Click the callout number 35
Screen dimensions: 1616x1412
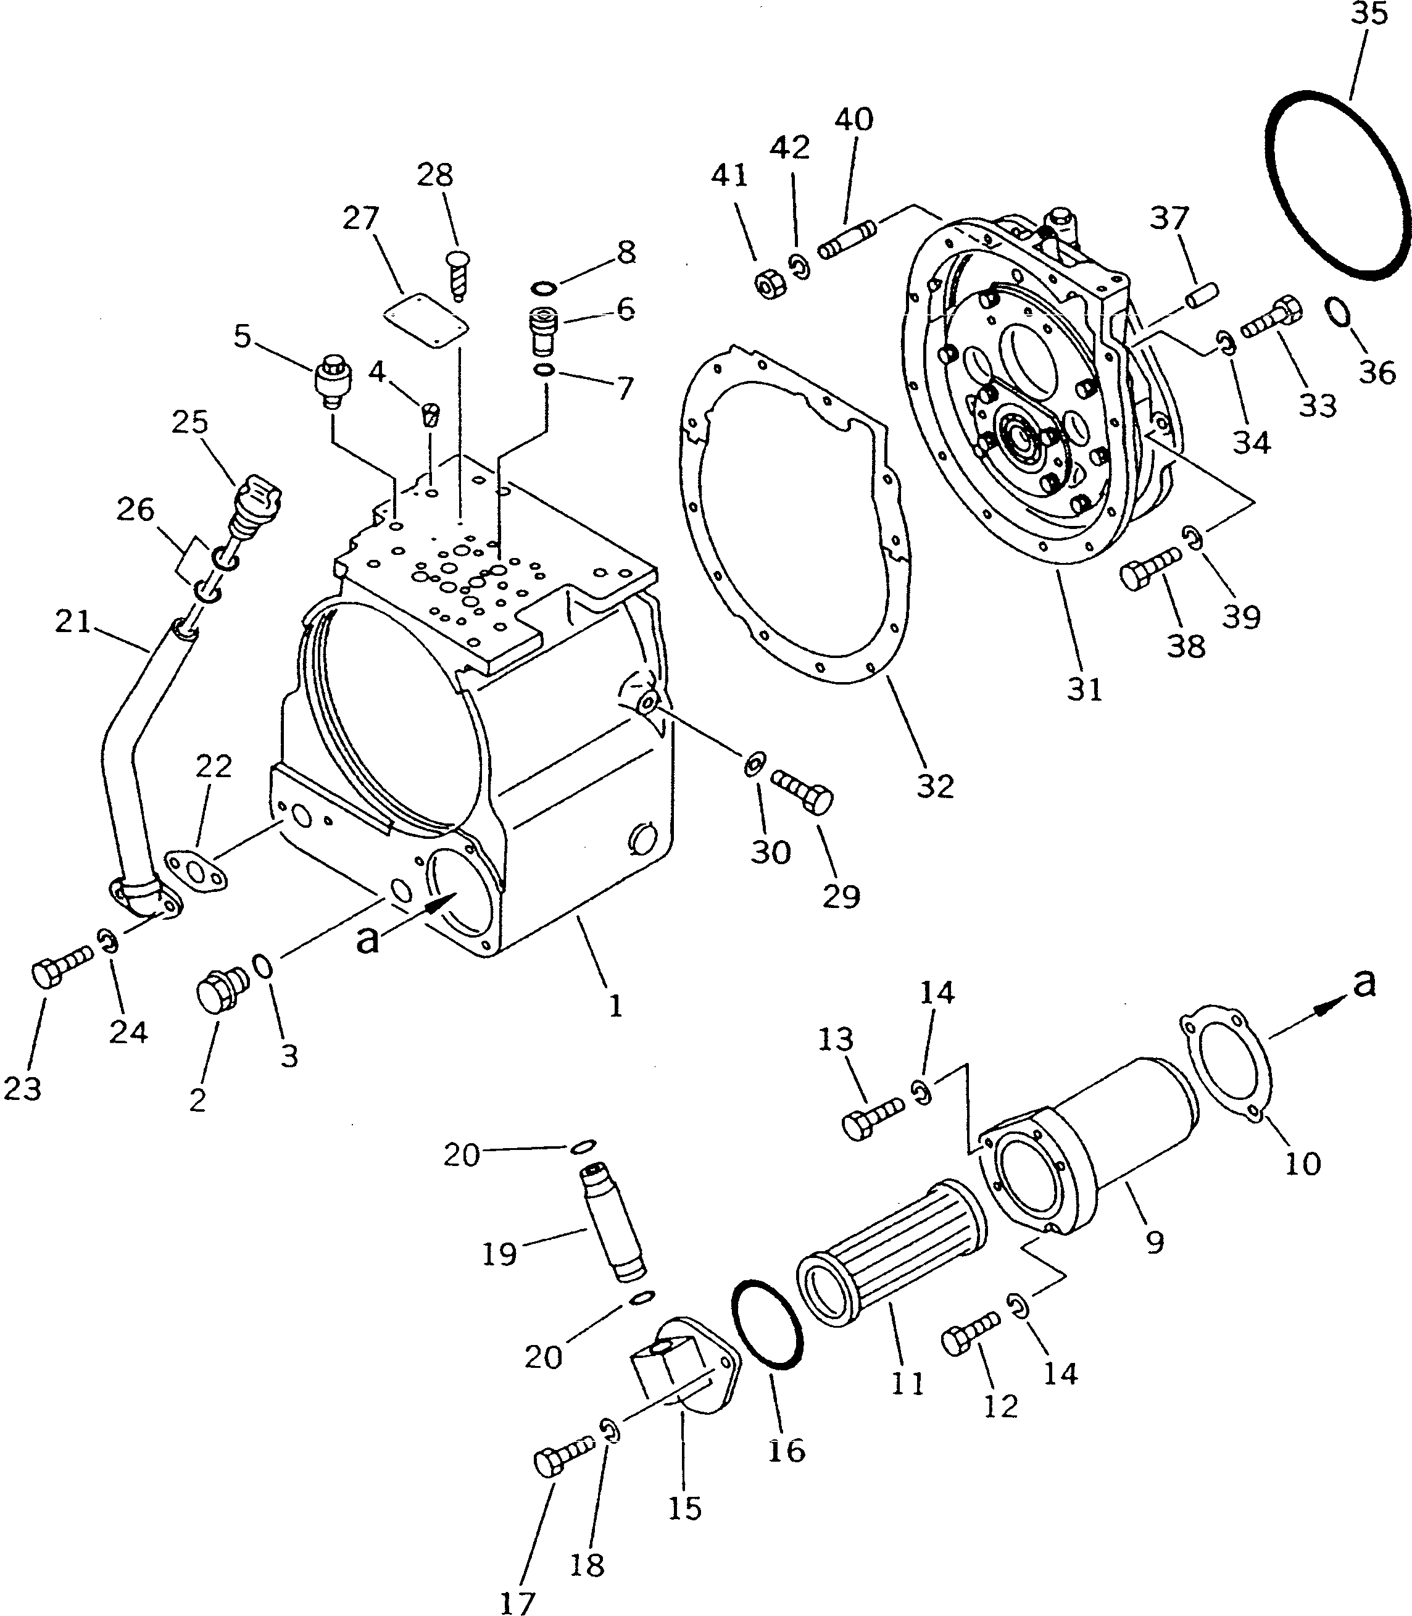1369,14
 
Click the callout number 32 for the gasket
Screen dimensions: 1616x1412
936,786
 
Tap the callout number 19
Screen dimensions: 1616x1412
499,1253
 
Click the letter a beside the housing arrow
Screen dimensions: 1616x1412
367,940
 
